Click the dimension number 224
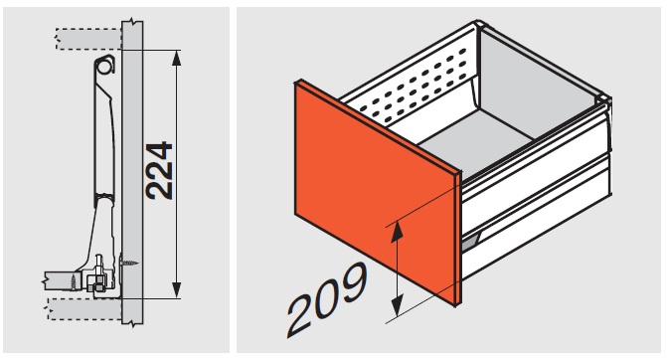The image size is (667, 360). tap(159, 171)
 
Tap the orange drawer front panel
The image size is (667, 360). tap(377, 192)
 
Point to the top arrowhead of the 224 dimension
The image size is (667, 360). tap(177, 58)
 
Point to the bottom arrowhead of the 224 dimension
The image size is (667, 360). tap(177, 290)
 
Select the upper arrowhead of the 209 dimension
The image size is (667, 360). tap(397, 232)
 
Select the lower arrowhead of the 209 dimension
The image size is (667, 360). tap(397, 306)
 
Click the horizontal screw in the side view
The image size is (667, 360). tap(130, 263)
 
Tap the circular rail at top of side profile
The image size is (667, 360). tap(104, 66)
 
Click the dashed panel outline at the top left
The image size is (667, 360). tap(88, 39)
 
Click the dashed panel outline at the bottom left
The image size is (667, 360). tap(85, 309)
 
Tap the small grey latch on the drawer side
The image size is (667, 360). tap(470, 242)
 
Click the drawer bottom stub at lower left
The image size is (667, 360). tap(60, 280)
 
